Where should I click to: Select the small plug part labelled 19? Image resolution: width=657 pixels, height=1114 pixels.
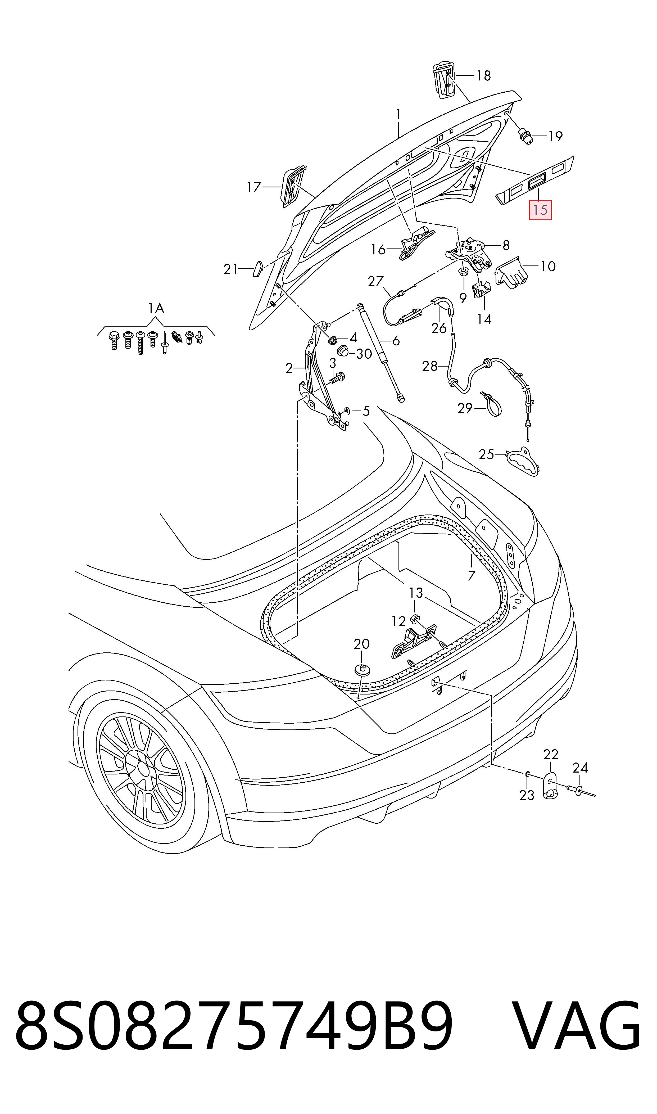click(525, 136)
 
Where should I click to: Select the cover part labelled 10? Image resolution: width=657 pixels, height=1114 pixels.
click(512, 271)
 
